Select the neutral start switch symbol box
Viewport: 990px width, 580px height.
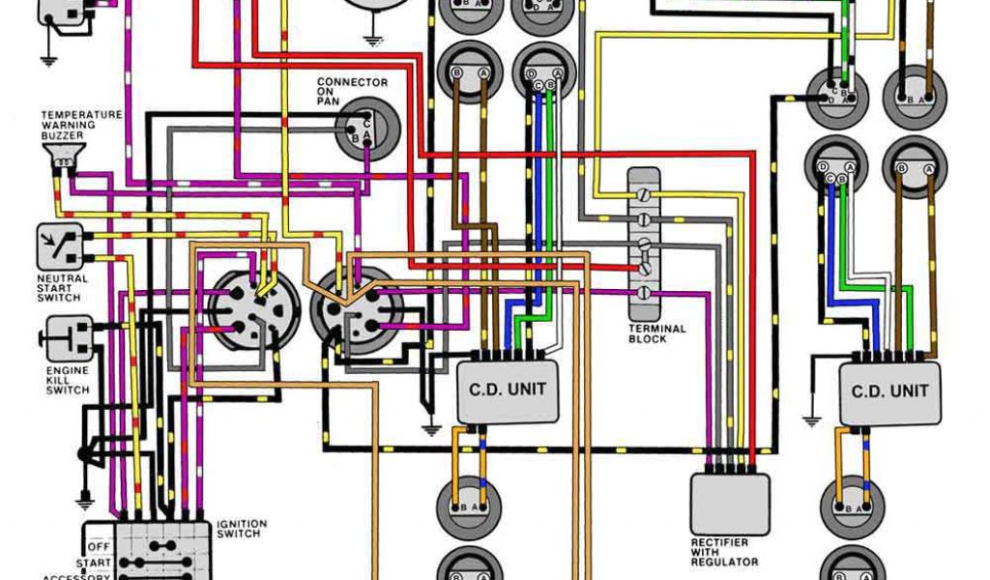click(59, 246)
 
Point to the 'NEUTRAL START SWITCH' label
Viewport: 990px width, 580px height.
click(62, 288)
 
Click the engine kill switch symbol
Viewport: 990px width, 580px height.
click(69, 338)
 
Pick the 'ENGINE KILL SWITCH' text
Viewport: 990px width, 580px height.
click(67, 380)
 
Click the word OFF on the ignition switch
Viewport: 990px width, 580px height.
click(101, 546)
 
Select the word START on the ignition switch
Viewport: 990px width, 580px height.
click(95, 562)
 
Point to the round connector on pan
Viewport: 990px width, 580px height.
click(365, 130)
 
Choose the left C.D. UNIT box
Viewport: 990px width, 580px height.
click(508, 391)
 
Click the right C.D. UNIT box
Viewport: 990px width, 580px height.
click(889, 392)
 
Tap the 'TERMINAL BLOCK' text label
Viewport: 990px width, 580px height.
click(657, 333)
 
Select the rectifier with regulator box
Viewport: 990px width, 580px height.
click(730, 504)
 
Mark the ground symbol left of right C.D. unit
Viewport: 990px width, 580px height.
click(813, 419)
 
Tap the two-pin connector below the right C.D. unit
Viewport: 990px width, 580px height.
click(852, 506)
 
